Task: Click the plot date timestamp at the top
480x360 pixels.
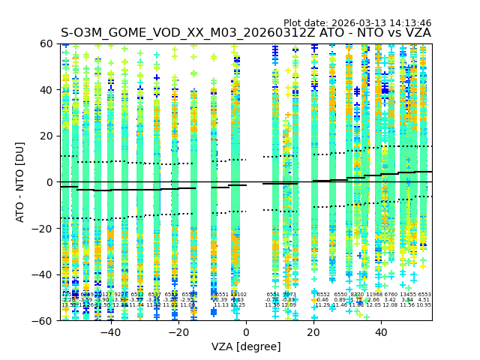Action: tap(357, 23)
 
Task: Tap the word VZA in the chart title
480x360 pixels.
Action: tap(417, 33)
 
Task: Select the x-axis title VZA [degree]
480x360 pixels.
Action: tap(246, 346)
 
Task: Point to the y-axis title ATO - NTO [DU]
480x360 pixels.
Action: tap(21, 181)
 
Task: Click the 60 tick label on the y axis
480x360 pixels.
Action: tap(46, 43)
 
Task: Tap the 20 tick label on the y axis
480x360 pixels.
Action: tap(46, 136)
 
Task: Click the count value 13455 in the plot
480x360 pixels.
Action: tap(407, 295)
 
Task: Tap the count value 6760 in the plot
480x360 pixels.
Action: tap(391, 295)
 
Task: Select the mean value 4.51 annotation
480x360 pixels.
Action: tap(424, 300)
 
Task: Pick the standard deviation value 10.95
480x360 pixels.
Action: tap(424, 305)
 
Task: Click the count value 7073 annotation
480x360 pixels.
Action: tap(289, 295)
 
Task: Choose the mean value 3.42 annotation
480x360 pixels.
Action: tap(391, 300)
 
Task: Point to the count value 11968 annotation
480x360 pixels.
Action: tap(373, 295)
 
